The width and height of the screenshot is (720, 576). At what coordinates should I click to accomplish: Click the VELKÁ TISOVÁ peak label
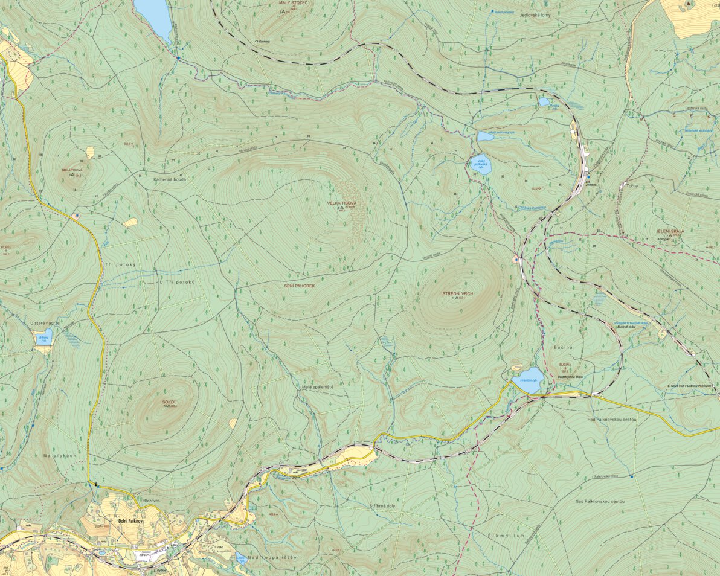(341, 203)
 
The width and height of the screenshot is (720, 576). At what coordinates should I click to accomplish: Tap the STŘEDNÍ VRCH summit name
(457, 293)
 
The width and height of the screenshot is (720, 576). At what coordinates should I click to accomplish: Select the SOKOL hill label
(169, 402)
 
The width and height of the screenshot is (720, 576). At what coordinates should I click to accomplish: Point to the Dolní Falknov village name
(130, 520)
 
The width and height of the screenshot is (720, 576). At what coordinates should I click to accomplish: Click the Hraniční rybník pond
(527, 380)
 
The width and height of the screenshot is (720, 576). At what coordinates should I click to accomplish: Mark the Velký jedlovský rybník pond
(481, 165)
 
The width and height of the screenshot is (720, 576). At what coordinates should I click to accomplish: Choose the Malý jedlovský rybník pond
(485, 136)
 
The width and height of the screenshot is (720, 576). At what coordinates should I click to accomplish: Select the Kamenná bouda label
(169, 179)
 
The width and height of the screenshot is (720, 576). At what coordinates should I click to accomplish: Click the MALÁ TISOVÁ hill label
(72, 170)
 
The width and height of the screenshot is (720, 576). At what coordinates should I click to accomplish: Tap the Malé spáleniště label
(318, 386)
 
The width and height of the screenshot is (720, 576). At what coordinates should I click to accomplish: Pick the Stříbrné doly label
(382, 505)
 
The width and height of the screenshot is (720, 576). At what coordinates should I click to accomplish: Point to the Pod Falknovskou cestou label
(612, 419)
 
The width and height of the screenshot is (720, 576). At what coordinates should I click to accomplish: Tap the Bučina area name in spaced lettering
(562, 348)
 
